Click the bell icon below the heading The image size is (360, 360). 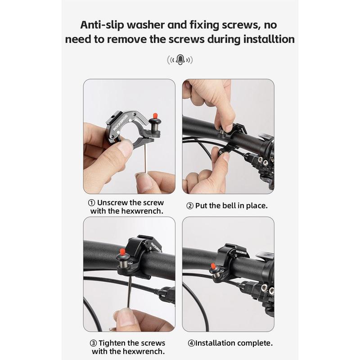coord(180,59)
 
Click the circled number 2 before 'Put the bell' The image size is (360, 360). coord(190,206)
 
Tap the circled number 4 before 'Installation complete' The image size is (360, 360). coord(191,343)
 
